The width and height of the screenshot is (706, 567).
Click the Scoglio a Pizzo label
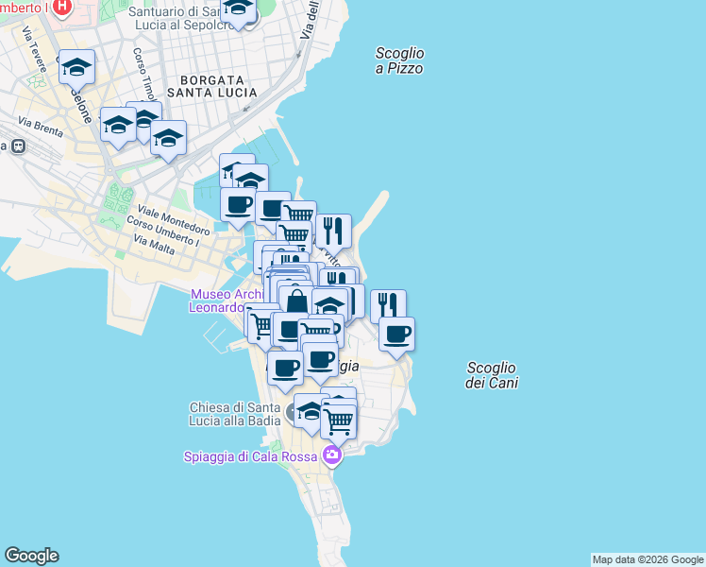pyautogui.click(x=399, y=61)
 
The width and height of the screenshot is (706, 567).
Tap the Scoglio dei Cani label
pyautogui.click(x=492, y=375)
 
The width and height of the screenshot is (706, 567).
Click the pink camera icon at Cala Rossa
pyautogui.click(x=331, y=456)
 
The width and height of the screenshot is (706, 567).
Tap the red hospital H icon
pyautogui.click(x=62, y=8)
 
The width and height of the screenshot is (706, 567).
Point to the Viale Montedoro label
pyautogui.click(x=174, y=219)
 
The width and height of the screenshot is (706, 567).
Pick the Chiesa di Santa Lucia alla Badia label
pyautogui.click(x=232, y=415)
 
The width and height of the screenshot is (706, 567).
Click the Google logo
pyautogui.click(x=31, y=556)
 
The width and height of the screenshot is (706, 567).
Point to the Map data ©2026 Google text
pyautogui.click(x=647, y=559)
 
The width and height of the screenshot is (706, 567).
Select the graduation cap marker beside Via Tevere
pyautogui.click(x=76, y=67)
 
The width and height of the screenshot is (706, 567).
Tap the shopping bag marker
pyautogui.click(x=295, y=301)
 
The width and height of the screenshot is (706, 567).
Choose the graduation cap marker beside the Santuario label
pyautogui.click(x=238, y=9)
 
